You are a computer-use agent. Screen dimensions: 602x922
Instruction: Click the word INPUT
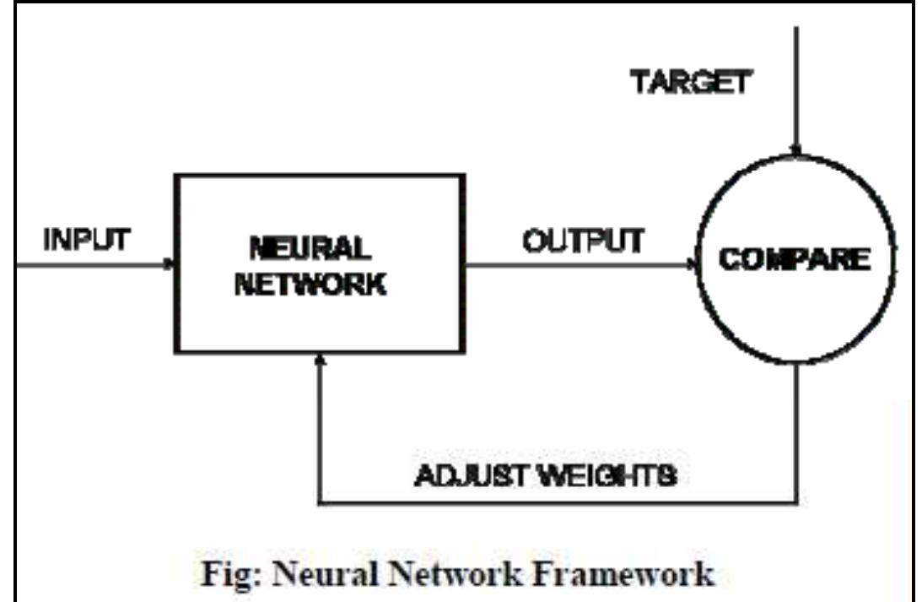click(x=86, y=240)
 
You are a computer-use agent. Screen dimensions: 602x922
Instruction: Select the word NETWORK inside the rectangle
click(x=310, y=284)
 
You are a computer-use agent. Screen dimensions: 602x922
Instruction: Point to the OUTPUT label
click(x=582, y=241)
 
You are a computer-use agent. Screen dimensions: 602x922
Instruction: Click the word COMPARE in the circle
click(x=795, y=258)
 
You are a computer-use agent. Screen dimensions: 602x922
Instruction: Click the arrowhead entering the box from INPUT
click(x=170, y=263)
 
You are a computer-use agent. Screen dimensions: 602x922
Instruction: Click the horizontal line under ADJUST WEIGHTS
click(x=557, y=504)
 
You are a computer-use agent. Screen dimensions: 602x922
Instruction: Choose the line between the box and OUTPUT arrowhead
click(x=574, y=263)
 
